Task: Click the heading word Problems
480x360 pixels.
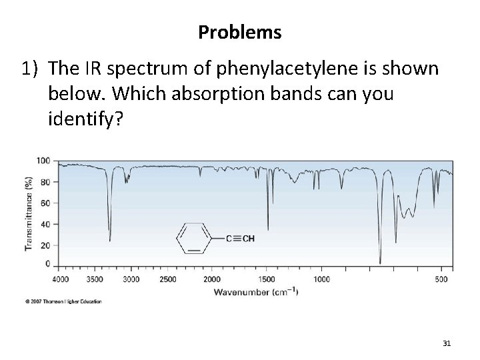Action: click(x=239, y=31)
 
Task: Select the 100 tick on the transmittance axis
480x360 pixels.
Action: click(x=44, y=161)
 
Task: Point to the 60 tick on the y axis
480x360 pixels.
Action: click(x=46, y=203)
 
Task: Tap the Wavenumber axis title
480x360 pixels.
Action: click(x=255, y=291)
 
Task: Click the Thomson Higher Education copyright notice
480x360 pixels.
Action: click(x=64, y=302)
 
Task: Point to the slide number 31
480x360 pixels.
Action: click(x=447, y=343)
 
